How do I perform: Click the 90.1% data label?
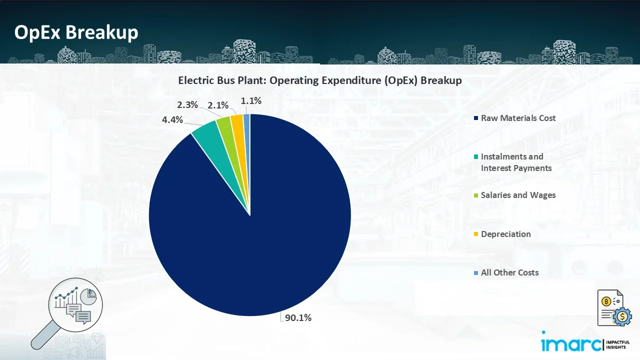click(298, 317)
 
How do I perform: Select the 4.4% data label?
click(172, 120)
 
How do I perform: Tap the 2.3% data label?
click(187, 105)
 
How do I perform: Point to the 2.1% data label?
click(218, 105)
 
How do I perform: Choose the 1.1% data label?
click(251, 101)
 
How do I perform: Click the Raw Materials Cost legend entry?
click(518, 118)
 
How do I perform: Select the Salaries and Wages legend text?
click(518, 195)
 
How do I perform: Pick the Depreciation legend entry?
click(505, 234)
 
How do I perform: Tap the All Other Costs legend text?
click(509, 272)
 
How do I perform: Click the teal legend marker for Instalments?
click(477, 157)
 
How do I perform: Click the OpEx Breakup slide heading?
click(76, 32)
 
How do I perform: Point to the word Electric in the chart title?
click(195, 80)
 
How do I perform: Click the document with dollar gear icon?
click(614, 307)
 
